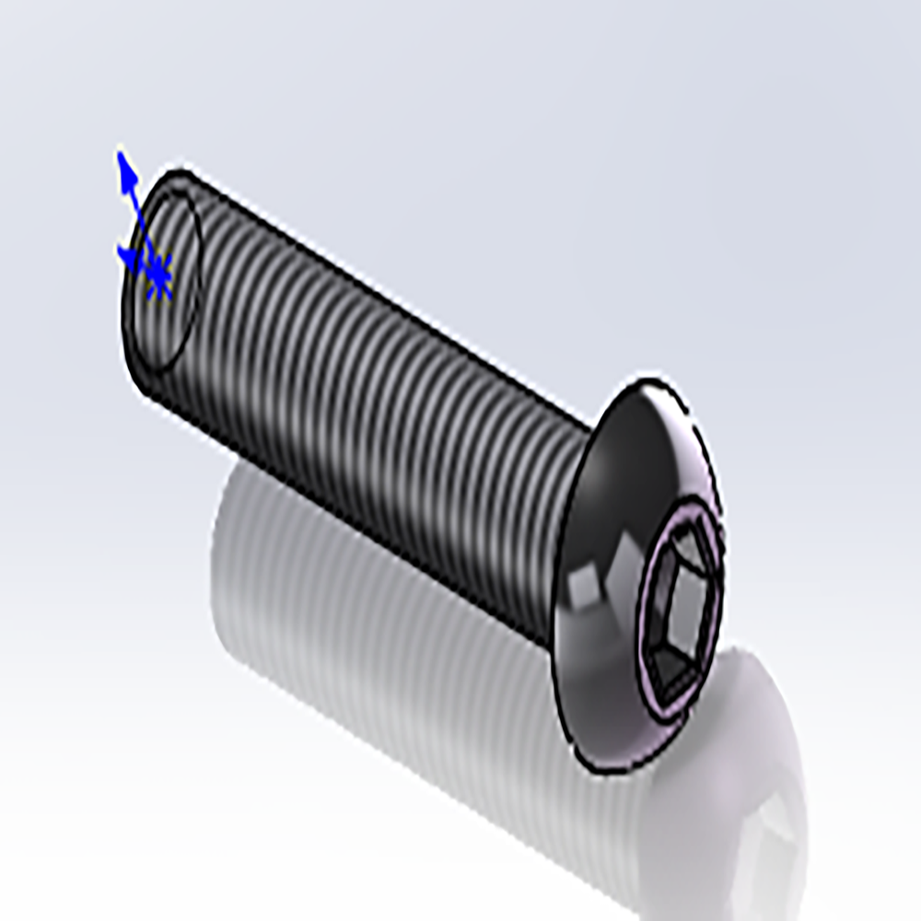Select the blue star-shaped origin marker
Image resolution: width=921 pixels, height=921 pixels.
point(159,274)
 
